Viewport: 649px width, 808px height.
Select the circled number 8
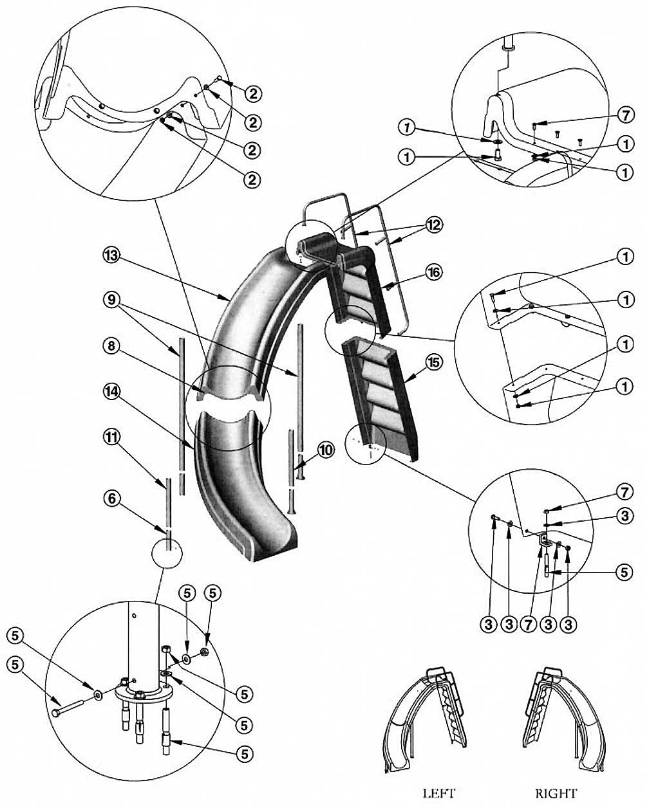pyautogui.click(x=110, y=346)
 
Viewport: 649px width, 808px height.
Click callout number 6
pyautogui.click(x=110, y=498)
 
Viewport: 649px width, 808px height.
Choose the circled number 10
pyautogui.click(x=326, y=450)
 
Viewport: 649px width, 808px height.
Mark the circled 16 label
pyautogui.click(x=433, y=272)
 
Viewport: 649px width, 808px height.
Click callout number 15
pyautogui.click(x=434, y=363)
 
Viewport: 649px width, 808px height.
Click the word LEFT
pyautogui.click(x=438, y=793)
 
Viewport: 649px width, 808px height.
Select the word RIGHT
pyautogui.click(x=556, y=793)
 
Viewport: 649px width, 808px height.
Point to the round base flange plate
pyautogui.click(x=143, y=693)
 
